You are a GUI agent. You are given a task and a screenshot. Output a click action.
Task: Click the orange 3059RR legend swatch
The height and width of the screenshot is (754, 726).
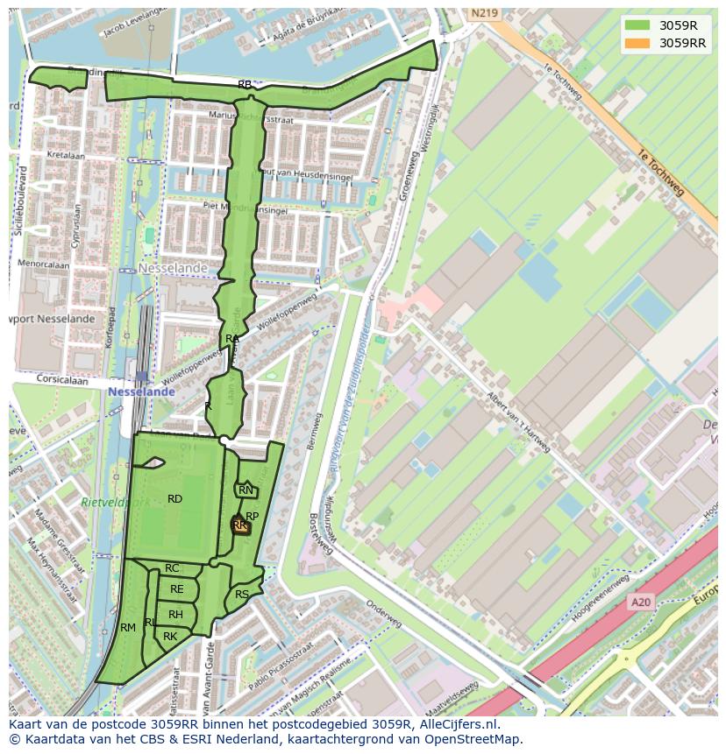pyautogui.click(x=638, y=43)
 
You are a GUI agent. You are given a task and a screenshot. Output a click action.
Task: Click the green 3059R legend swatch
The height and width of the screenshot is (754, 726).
pyautogui.click(x=638, y=25)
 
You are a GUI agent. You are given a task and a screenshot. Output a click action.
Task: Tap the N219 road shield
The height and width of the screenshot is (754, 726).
pyautogui.click(x=483, y=13)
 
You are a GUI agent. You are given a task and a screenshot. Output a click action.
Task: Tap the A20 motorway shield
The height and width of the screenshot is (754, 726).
pyautogui.click(x=641, y=602)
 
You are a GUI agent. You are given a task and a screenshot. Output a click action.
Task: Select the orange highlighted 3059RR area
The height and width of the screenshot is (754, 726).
pyautogui.click(x=240, y=525)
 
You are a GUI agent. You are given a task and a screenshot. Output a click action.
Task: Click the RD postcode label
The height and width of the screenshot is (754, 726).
pyautogui.click(x=174, y=498)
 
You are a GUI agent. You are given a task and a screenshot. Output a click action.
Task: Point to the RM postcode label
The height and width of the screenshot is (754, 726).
pyautogui.click(x=128, y=627)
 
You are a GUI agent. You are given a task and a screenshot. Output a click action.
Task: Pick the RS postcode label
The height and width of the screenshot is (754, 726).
pyautogui.click(x=242, y=595)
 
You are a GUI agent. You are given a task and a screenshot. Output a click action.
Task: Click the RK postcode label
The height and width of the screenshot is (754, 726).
pyautogui.click(x=170, y=636)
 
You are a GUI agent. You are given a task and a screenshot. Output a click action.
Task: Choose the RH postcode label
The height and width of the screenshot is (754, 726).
pyautogui.click(x=175, y=614)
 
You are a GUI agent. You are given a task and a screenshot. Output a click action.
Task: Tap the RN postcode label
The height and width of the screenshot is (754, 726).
pyautogui.click(x=246, y=490)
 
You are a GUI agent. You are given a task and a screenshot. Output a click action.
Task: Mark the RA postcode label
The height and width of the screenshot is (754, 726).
pyautogui.click(x=231, y=338)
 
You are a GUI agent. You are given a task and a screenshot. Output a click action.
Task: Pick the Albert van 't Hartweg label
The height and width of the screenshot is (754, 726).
pyautogui.click(x=519, y=422)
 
